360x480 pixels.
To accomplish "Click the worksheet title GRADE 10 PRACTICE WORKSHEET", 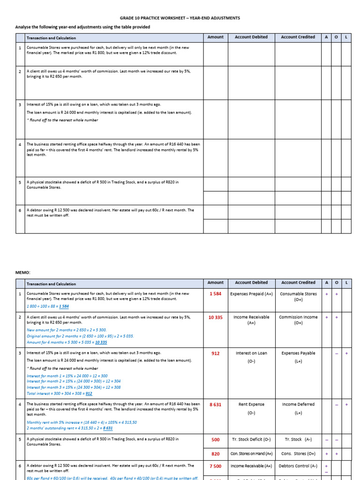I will [180, 18].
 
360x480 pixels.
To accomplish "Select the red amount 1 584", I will [215, 294].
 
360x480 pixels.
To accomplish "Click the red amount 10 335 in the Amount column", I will [215, 317].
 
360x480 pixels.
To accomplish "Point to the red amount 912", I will [215, 353].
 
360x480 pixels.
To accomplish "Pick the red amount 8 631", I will [215, 405].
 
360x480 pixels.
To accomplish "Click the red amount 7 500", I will [215, 466].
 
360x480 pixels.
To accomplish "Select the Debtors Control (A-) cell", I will [298, 466].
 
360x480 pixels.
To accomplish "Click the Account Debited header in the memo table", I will [251, 283].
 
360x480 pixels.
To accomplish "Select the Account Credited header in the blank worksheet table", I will [298, 37].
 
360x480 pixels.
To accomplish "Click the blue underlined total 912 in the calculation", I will [89, 394].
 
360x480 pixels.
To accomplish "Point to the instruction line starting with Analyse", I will [82, 27].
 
